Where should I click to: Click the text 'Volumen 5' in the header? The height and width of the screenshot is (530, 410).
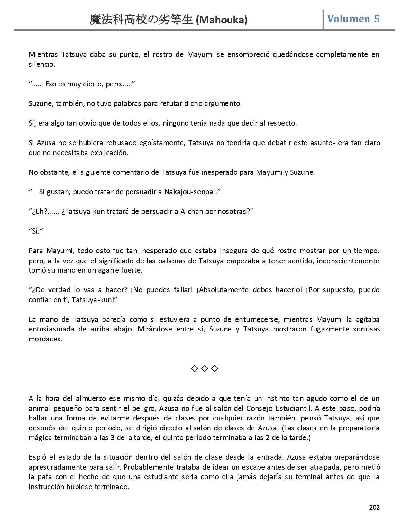coord(353,19)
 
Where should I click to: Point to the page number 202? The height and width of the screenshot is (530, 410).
coord(374,507)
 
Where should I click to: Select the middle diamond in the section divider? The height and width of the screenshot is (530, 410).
coord(205,368)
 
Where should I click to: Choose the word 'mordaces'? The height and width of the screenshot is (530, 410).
coord(45,339)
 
